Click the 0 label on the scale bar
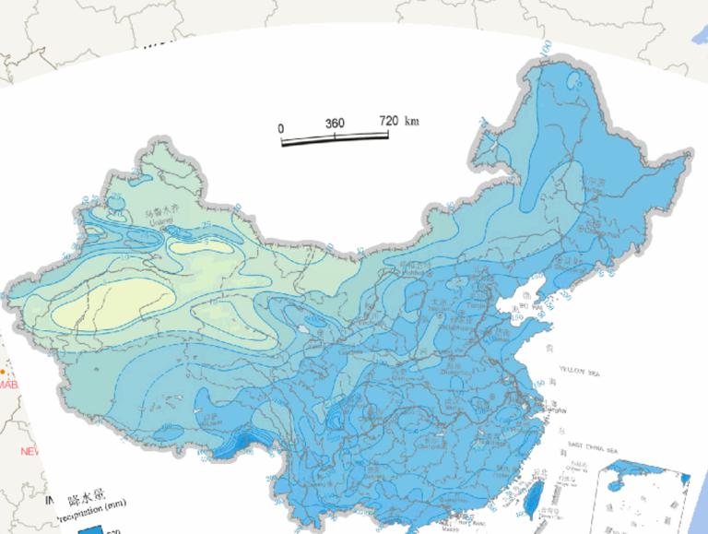[281, 126]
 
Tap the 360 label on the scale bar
[334, 124]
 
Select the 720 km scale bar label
[398, 121]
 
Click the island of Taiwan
[532, 494]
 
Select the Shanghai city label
[557, 409]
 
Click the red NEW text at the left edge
[29, 451]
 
